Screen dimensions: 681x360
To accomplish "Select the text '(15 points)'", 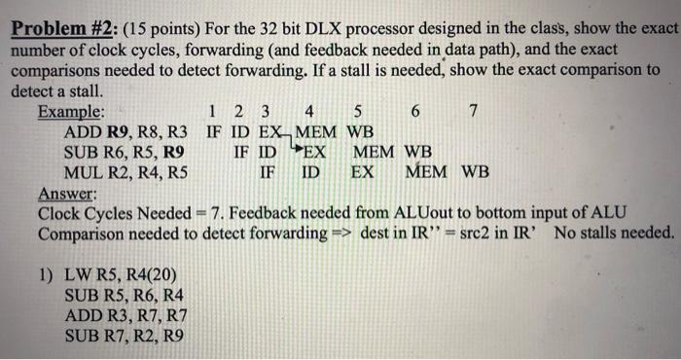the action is tap(143, 29).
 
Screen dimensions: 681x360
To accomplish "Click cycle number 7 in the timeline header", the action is tap(473, 112).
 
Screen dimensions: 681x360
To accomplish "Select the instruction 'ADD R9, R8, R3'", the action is tap(125, 132).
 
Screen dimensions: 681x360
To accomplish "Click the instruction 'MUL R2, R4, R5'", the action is tap(125, 173).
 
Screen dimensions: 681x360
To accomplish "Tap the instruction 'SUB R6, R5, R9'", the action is tap(124, 153).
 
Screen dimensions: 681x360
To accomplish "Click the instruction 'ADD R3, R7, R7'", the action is tap(125, 316).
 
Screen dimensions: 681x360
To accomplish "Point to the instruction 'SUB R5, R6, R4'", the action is tap(124, 295).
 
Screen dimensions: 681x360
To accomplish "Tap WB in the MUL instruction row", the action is tap(475, 173).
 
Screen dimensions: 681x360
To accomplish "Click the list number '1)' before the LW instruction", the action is tap(47, 274).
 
